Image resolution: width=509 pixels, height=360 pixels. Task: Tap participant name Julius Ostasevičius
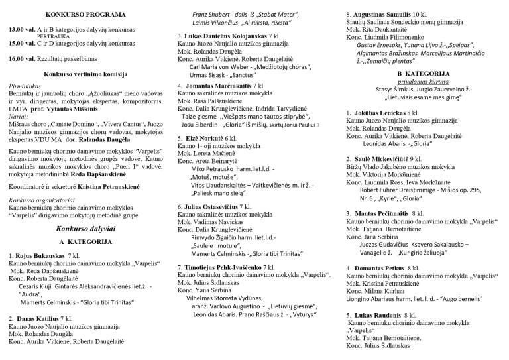click(x=211, y=206)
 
